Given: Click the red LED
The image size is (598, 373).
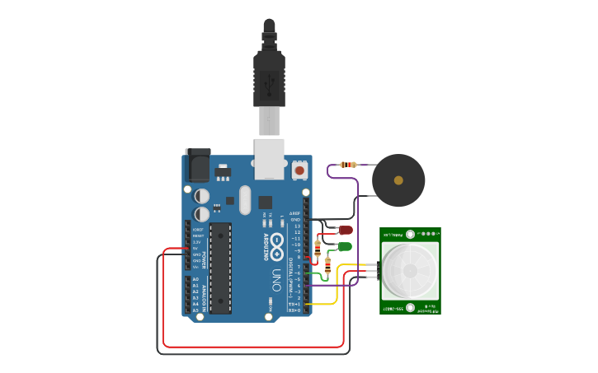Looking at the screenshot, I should coord(346,231).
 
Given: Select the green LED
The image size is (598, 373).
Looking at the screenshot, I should coord(345,246).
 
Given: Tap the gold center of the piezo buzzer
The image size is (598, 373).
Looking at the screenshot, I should coord(398,180).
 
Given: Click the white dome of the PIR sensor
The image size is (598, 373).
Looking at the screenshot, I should coord(410,270).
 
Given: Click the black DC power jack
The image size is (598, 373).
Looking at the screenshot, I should coord(198,166).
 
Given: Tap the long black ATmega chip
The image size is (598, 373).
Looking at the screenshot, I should coord(220,268).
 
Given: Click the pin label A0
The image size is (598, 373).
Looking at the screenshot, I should coord(195,280).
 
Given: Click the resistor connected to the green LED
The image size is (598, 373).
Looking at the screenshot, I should coord(328,265).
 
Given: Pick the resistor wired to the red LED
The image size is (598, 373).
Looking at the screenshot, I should coord(318,246).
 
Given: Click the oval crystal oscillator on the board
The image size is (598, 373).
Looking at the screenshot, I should coord(244,200).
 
